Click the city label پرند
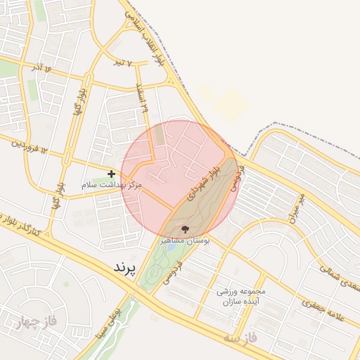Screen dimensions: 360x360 (122, 267)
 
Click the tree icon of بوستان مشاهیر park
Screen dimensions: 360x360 (186, 229)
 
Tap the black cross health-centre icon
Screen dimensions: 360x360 (111, 173)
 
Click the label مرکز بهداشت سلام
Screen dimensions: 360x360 (112, 184)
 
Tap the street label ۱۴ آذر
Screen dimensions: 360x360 (41, 67)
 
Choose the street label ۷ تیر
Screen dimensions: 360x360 (124, 63)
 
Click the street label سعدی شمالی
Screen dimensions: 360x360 (338, 276)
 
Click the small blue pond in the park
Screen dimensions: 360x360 (172, 247)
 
